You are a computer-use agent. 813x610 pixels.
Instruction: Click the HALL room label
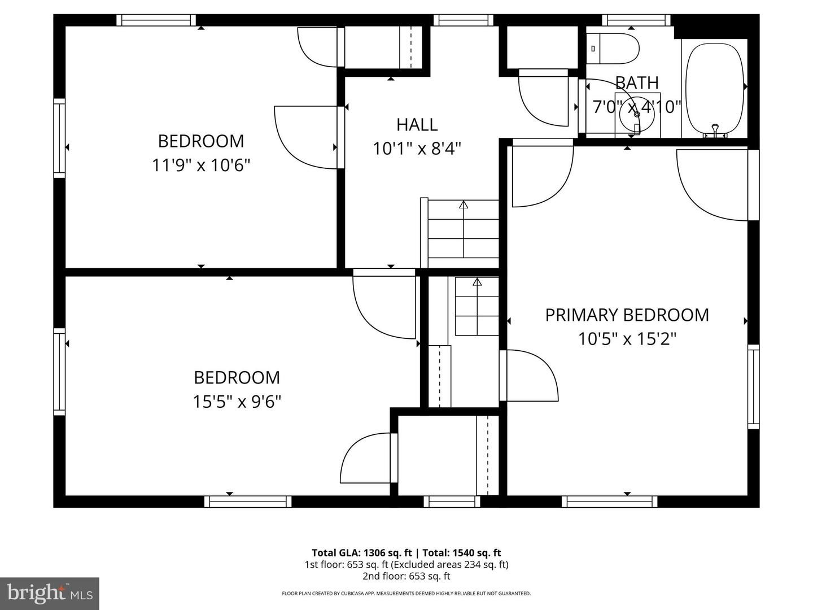417,124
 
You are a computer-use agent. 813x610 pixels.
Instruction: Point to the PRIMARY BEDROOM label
627,315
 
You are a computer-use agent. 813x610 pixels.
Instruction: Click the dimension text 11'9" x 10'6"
201,165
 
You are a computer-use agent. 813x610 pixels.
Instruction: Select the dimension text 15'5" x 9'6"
237,402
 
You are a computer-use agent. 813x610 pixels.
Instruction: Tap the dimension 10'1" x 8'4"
417,149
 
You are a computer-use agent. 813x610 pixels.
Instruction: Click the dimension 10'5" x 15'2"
627,339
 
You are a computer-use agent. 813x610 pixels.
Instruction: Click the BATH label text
637,83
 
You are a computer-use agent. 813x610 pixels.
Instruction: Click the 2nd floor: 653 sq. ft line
406,576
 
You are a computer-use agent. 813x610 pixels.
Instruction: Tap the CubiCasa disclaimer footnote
406,594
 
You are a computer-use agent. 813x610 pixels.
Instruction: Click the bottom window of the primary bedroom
610,502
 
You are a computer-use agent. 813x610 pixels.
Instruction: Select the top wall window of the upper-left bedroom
156,20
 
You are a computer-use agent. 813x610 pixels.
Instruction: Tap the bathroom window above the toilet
636,20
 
